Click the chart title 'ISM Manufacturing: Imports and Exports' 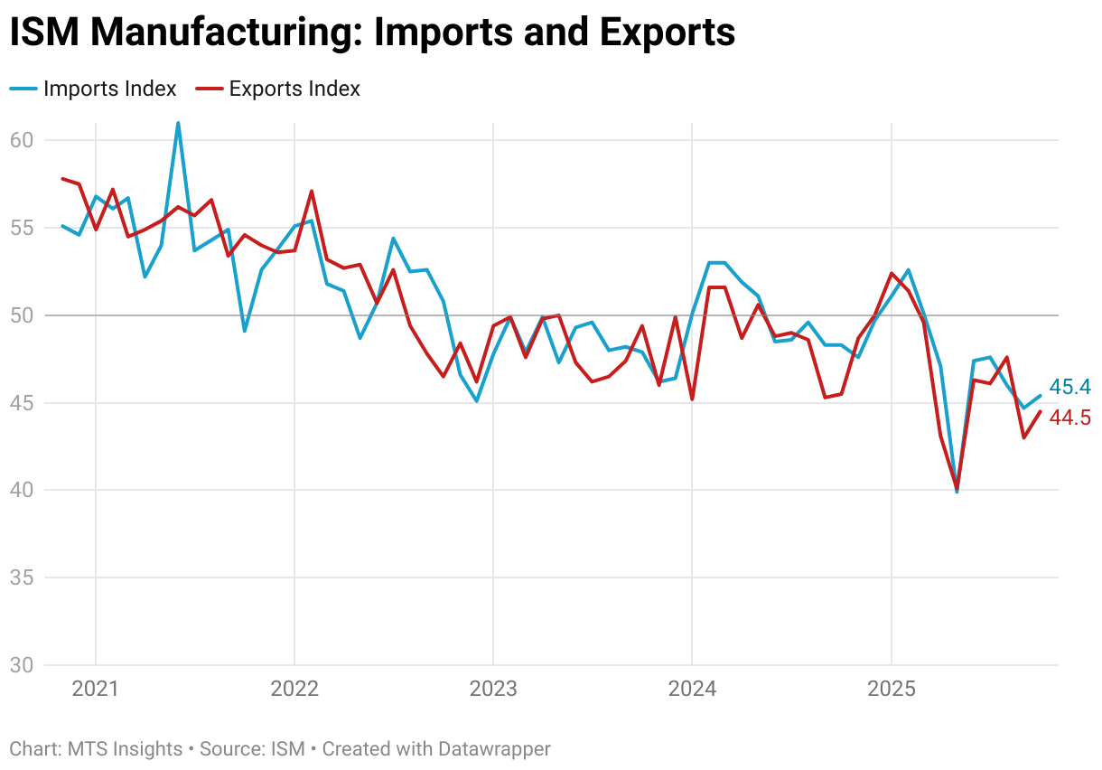[x=372, y=33]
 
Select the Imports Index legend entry [x=93, y=89]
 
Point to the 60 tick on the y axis [x=23, y=140]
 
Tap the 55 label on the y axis [x=23, y=228]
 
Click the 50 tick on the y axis [x=23, y=315]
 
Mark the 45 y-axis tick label [x=23, y=403]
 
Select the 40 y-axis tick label [x=23, y=491]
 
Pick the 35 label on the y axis [x=23, y=578]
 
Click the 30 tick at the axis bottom [x=23, y=666]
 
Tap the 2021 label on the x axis [x=96, y=690]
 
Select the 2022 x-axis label [x=294, y=690]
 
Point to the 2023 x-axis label [x=493, y=690]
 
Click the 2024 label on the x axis [x=692, y=690]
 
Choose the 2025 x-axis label [x=892, y=690]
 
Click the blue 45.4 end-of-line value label [x=1070, y=388]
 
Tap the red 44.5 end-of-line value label [x=1070, y=418]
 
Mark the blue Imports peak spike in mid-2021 [x=178, y=124]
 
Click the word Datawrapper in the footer [x=494, y=749]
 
